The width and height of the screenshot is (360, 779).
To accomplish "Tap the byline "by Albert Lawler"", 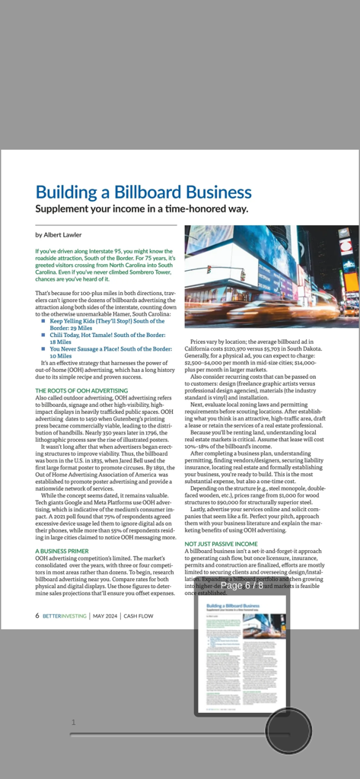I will point(59,235).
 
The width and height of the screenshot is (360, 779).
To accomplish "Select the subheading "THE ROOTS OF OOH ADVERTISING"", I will point(81,390).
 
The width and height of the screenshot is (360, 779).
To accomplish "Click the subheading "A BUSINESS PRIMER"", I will point(62,550).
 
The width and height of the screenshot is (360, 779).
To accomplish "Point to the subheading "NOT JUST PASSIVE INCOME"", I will point(221,544).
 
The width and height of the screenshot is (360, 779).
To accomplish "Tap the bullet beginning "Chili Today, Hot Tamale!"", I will point(107,335).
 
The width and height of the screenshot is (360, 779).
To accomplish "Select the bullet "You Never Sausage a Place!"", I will point(110,348).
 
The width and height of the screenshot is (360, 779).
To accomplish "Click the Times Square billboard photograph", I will point(271,276).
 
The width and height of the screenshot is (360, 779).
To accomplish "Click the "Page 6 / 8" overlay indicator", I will point(242,586).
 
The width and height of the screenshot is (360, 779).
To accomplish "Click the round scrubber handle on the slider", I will point(288,732).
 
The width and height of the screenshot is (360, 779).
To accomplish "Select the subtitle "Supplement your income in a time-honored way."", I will point(142,209).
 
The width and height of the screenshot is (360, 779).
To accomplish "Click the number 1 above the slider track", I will point(74,722).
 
